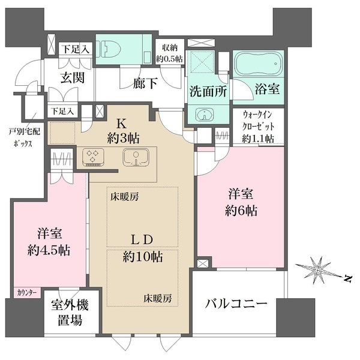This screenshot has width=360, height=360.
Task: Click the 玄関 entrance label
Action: click(x=71, y=79)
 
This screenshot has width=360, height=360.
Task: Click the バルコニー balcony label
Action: click(x=238, y=304)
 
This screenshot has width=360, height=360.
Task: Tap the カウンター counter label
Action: click(x=25, y=293)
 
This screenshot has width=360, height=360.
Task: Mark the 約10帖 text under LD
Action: click(x=143, y=257)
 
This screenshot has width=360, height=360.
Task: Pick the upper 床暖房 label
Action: click(x=124, y=196)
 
